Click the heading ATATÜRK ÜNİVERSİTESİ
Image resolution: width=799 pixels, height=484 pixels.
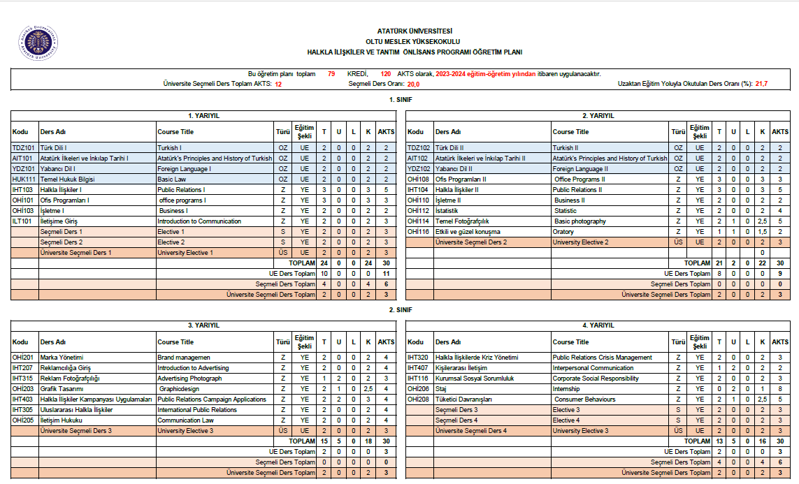pyautogui.click(x=415, y=31)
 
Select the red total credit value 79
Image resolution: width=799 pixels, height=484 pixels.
pyautogui.click(x=331, y=74)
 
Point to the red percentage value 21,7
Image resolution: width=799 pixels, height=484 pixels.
pyautogui.click(x=761, y=84)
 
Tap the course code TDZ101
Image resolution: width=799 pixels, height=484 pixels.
pyautogui.click(x=23, y=148)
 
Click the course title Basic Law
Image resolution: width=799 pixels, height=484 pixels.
pyautogui.click(x=172, y=179)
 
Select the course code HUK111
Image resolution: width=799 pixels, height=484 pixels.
pyautogui.click(x=24, y=179)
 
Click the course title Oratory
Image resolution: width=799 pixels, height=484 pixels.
pyautogui.click(x=563, y=232)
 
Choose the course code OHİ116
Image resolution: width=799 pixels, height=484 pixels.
pyautogui.click(x=419, y=232)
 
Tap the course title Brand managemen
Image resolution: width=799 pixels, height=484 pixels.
pyautogui.click(x=184, y=358)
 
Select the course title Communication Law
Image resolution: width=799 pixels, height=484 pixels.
pyautogui.click(x=185, y=420)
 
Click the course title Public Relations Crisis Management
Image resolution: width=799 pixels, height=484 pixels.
pyautogui.click(x=602, y=358)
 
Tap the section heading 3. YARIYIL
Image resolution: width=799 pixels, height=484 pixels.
pyautogui.click(x=203, y=325)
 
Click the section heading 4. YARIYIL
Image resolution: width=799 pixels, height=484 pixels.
pyautogui.click(x=599, y=325)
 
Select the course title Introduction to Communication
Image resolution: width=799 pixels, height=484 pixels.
pyautogui.click(x=199, y=221)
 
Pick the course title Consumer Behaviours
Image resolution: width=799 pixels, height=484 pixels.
pyautogui.click(x=585, y=399)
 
